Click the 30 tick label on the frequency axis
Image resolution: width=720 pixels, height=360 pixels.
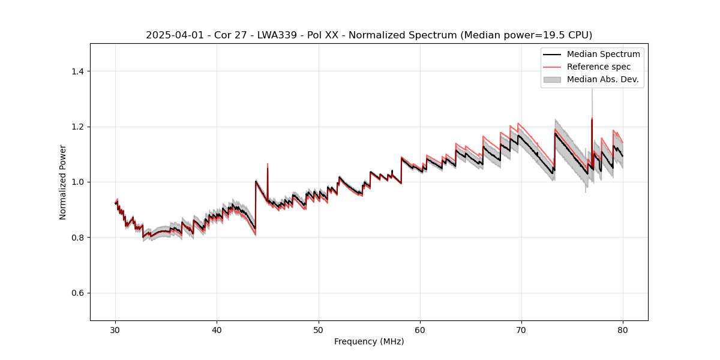pos(116,330)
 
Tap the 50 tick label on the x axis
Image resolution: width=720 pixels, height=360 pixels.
pos(319,330)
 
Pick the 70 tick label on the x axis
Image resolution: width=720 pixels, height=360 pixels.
pos(521,330)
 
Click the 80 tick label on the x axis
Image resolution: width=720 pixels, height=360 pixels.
pos(623,330)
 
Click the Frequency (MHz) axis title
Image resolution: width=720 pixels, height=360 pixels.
pos(369,342)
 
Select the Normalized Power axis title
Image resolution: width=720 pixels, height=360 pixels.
pos(62,182)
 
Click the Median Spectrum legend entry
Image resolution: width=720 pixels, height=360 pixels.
pos(603,54)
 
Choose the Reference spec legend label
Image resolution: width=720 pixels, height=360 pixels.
pos(599,67)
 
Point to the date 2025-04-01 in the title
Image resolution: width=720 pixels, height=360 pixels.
pos(170,35)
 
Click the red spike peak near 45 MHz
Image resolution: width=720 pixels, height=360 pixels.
pos(268,163)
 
